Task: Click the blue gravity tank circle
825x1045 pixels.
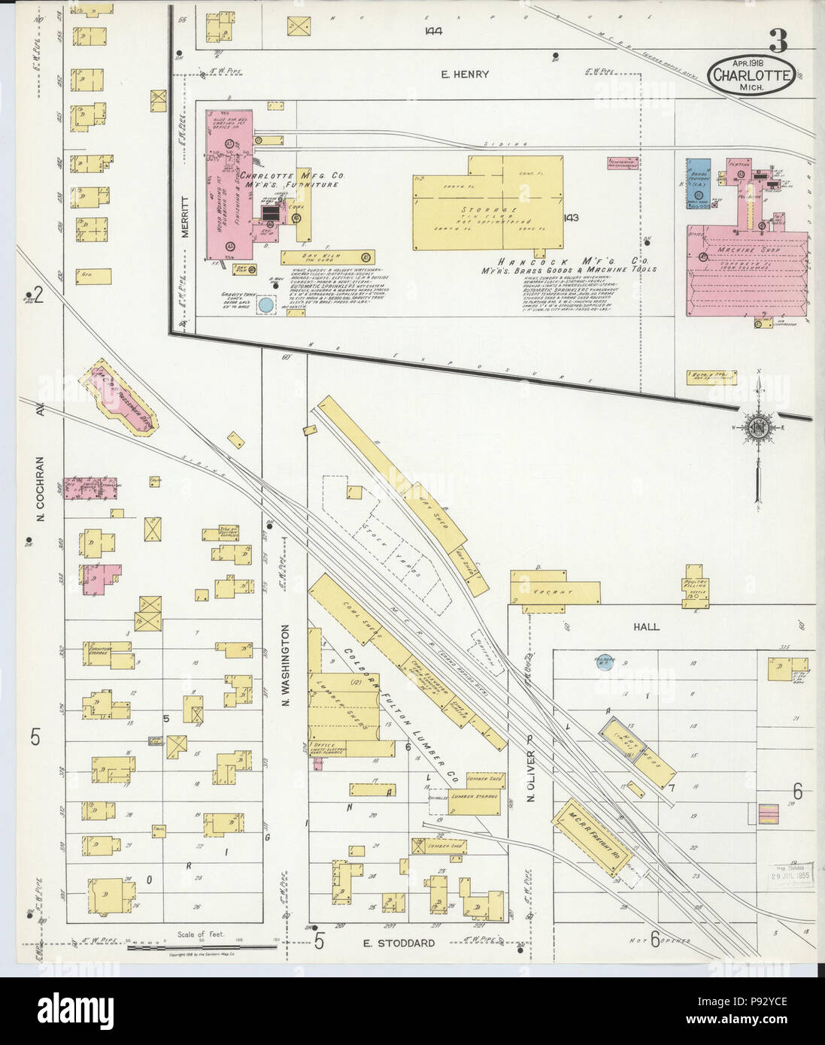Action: [x=265, y=306]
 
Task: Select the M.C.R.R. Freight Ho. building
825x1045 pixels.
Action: [x=594, y=835]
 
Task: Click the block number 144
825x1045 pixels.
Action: [x=432, y=32]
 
